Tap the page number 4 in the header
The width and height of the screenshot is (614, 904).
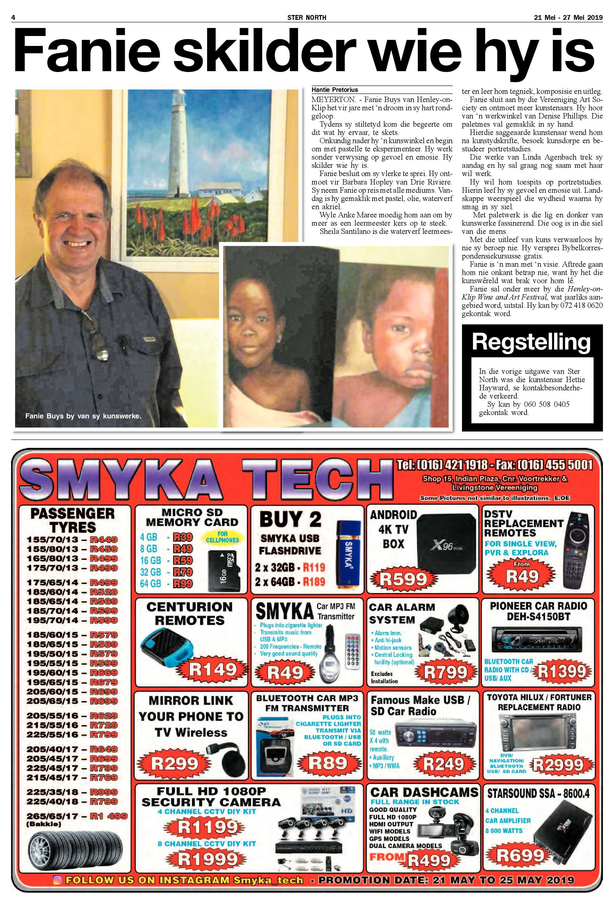13,18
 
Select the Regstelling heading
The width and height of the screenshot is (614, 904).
531,342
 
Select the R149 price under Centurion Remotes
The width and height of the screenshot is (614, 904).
212,670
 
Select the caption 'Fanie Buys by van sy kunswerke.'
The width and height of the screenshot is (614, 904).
83,416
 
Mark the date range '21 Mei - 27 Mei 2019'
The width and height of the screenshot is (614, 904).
568,18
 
